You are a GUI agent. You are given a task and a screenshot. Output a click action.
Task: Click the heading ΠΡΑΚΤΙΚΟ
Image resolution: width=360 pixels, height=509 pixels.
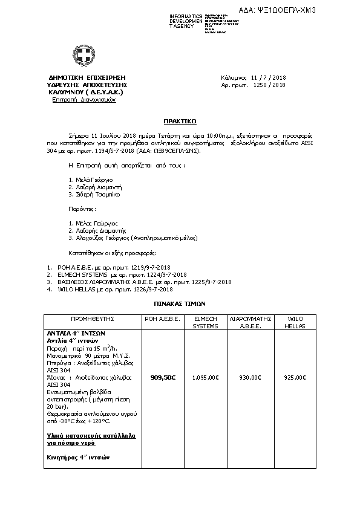[x=180, y=121]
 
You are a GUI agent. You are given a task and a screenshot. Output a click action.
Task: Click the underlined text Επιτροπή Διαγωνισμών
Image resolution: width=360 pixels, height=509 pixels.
[x=84, y=100]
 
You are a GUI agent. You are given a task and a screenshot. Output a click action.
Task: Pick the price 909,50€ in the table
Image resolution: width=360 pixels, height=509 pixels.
[x=162, y=377]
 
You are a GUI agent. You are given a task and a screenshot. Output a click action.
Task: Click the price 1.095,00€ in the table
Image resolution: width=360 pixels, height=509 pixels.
[x=205, y=377]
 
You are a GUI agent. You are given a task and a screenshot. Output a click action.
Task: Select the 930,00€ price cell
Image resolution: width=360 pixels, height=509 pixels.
[x=249, y=377]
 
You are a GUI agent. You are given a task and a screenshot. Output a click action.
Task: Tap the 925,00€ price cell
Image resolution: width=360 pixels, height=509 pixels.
[x=295, y=377]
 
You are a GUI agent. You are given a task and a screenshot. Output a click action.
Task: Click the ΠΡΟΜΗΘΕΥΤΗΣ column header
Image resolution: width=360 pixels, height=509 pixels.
[x=93, y=318]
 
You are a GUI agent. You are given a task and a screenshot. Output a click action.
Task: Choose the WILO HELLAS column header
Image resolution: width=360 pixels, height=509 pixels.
[x=295, y=322]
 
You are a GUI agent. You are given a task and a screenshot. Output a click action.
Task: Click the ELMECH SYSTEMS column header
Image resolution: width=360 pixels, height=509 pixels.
[x=205, y=322]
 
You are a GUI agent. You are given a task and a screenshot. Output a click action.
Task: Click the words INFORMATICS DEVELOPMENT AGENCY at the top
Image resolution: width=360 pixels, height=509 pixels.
[x=187, y=21]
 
